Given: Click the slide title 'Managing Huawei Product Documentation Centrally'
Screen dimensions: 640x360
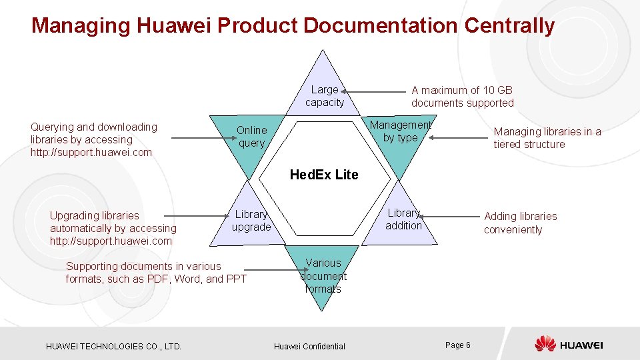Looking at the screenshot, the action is pyautogui.click(x=293, y=25).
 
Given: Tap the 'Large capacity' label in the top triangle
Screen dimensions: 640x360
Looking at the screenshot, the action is pyautogui.click(x=325, y=96).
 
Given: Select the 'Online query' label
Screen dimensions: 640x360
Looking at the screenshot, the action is pyautogui.click(x=251, y=137).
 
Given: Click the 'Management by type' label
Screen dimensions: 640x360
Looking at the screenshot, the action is pyautogui.click(x=400, y=131).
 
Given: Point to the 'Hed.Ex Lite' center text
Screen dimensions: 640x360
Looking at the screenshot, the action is pyautogui.click(x=324, y=175).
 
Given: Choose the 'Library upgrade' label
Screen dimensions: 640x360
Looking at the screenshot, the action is pyautogui.click(x=251, y=221).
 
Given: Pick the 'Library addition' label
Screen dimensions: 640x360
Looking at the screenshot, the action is pyautogui.click(x=403, y=219).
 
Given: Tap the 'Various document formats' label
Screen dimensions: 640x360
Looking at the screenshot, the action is pyautogui.click(x=323, y=276).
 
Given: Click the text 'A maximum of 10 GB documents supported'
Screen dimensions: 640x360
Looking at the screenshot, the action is pyautogui.click(x=462, y=97).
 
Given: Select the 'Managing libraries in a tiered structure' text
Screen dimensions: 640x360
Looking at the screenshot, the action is pyautogui.click(x=547, y=138).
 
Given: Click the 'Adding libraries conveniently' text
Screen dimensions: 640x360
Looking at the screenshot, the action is pyautogui.click(x=520, y=223).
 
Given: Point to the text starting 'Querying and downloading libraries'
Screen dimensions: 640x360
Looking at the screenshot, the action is pyautogui.click(x=94, y=139).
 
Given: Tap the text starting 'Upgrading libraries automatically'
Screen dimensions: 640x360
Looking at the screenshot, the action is pyautogui.click(x=113, y=228).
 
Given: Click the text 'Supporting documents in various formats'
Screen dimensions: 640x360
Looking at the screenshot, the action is pyautogui.click(x=156, y=273).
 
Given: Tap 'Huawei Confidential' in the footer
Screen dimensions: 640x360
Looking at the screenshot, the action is pyautogui.click(x=309, y=346).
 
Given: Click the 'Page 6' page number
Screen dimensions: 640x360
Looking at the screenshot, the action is pyautogui.click(x=457, y=345).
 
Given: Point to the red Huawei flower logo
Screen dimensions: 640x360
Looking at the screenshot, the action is pyautogui.click(x=545, y=344).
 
